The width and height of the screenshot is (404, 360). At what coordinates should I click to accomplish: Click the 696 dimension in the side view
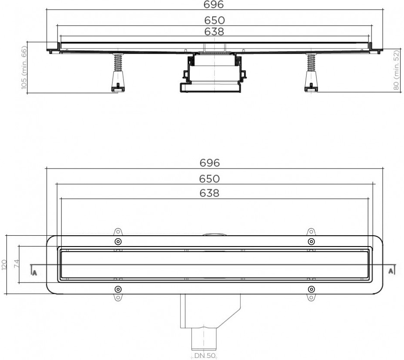click(213, 4)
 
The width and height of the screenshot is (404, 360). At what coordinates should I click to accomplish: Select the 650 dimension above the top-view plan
click(209, 178)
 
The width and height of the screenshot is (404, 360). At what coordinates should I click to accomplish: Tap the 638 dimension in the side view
click(214, 32)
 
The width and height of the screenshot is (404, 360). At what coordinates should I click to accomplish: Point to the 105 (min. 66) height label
click(24, 68)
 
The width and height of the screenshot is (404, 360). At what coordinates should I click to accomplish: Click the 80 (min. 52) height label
click(396, 70)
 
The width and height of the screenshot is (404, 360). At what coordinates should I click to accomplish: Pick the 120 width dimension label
click(4, 265)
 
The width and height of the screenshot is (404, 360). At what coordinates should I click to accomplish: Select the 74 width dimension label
click(16, 264)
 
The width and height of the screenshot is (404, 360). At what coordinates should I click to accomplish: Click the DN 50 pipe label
click(205, 355)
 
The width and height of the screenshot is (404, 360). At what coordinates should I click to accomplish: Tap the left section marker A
click(35, 272)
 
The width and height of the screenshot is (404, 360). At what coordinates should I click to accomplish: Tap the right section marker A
click(391, 271)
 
